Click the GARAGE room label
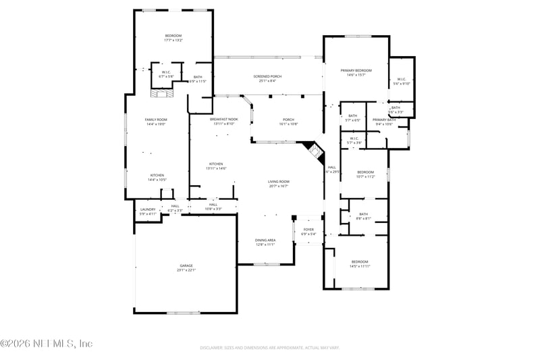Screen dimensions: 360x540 click(186, 265)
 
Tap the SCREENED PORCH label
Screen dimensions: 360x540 click(267, 76)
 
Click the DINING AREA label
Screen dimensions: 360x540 click(265, 240)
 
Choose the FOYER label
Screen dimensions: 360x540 click(308, 230)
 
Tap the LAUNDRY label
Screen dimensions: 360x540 click(148, 209)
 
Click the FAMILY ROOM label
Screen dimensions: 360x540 click(156, 120)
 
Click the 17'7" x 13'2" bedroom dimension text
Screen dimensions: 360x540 click(173, 41)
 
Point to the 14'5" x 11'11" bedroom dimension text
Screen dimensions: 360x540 click(360, 266)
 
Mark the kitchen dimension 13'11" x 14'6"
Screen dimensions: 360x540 click(217, 168)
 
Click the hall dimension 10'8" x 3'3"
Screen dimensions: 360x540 click(213, 209)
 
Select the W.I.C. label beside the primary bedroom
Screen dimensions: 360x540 click(401, 79)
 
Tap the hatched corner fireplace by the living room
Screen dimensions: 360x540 click(311, 149)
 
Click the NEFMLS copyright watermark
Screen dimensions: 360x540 click(46, 343)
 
